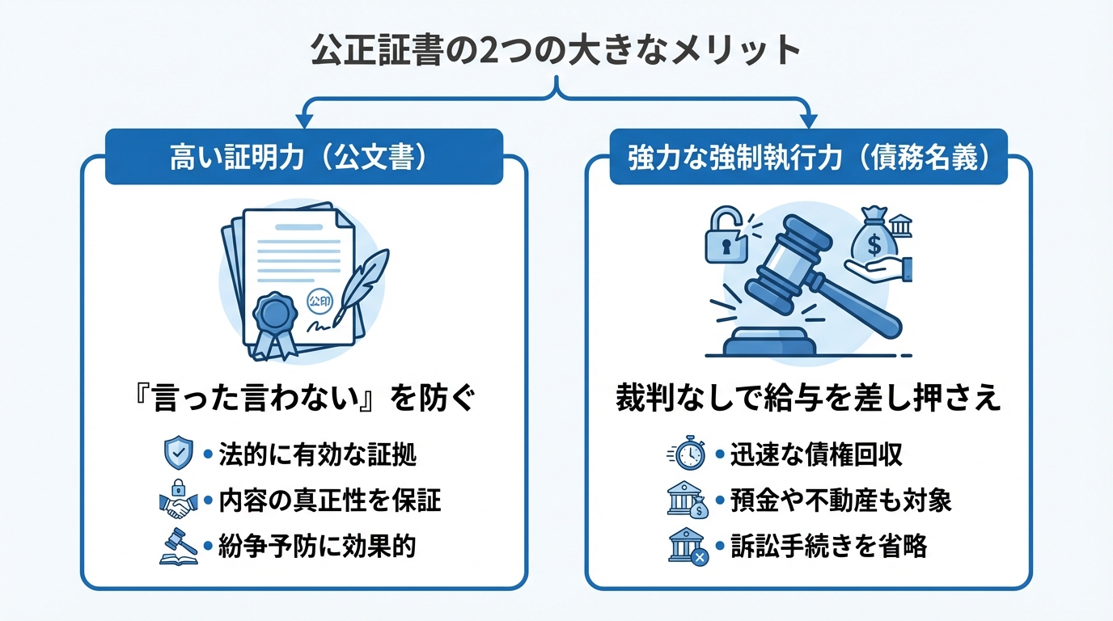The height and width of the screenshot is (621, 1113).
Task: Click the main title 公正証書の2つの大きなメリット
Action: click(556, 50)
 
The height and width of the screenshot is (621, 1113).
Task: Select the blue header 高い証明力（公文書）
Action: click(303, 158)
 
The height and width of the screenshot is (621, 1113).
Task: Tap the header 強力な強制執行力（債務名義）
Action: click(808, 158)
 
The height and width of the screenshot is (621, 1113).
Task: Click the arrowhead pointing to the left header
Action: click(304, 120)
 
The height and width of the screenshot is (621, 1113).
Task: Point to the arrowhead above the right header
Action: click(808, 120)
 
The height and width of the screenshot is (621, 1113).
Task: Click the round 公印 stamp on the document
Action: click(321, 300)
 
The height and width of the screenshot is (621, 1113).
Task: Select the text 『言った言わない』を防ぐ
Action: click(303, 399)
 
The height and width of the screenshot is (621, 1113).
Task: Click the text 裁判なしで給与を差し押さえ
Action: click(808, 399)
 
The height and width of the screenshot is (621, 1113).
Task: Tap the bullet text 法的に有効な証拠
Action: click(317, 455)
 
